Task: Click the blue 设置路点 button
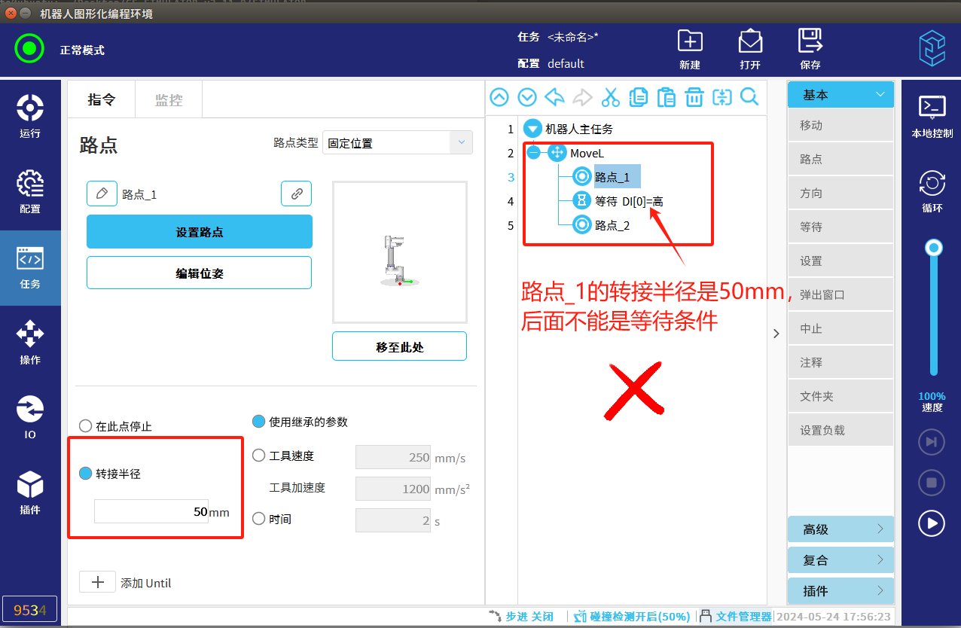click(x=200, y=232)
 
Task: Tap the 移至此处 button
click(x=399, y=346)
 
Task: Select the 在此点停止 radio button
click(x=85, y=426)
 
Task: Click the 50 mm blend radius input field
click(x=151, y=511)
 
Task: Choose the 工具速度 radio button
click(x=258, y=455)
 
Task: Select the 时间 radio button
click(x=258, y=519)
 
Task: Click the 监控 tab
click(x=169, y=100)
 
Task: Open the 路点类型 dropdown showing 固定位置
click(x=397, y=142)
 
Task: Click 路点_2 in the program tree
click(x=612, y=225)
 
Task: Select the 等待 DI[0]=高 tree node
click(x=629, y=201)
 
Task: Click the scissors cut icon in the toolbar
click(x=611, y=97)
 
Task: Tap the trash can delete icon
click(x=694, y=97)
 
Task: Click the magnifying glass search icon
click(x=749, y=97)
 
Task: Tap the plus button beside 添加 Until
click(x=97, y=582)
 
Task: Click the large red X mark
click(x=634, y=390)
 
